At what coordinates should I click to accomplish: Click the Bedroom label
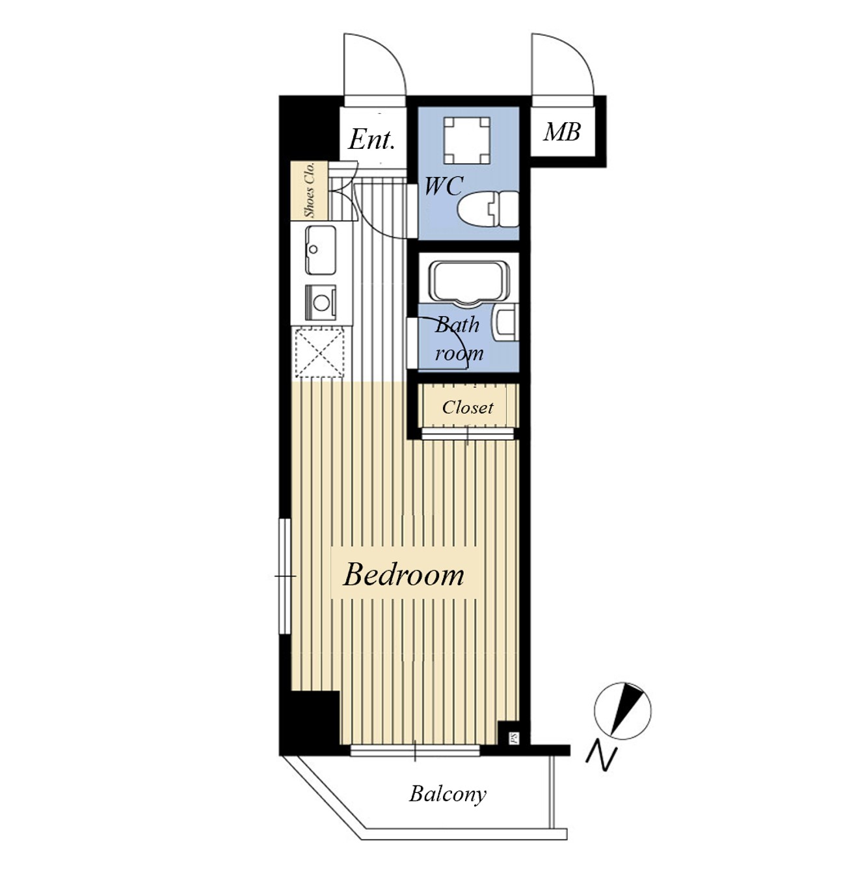[x=403, y=575]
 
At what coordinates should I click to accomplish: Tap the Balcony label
[x=448, y=794]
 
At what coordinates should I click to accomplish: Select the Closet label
[x=468, y=408]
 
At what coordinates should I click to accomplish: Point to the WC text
[x=444, y=187]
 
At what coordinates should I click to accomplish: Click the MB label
[x=562, y=132]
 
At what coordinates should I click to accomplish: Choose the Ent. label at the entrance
[x=371, y=140]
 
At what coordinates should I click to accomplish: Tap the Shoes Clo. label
[x=310, y=189]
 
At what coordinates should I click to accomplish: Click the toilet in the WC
[x=488, y=209]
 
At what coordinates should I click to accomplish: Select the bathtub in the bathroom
[x=468, y=282]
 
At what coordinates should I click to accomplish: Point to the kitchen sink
[x=321, y=250]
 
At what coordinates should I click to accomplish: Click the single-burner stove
[x=321, y=302]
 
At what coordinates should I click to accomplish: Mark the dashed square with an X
[x=319, y=353]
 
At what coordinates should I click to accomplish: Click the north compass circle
[x=622, y=711]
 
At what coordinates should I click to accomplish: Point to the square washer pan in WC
[x=467, y=140]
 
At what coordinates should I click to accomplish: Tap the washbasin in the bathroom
[x=506, y=323]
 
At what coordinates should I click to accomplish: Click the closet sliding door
[x=468, y=434]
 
